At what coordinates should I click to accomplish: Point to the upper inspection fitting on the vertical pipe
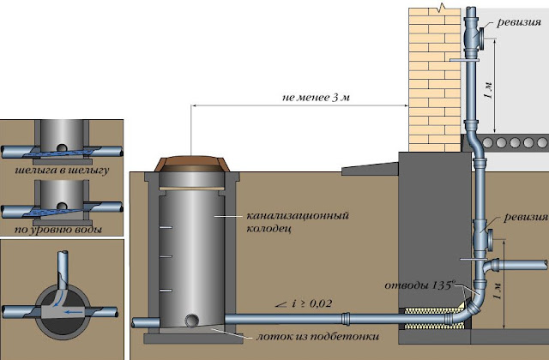click(477, 38)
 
